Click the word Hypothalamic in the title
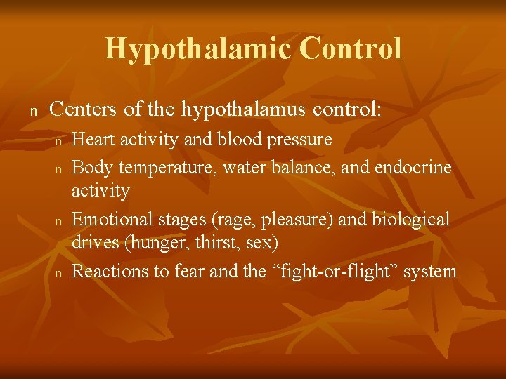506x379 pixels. tap(197, 48)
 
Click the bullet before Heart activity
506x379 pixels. tap(60, 141)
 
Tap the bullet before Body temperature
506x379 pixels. tap(60, 169)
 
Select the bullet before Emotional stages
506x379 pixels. tap(60, 221)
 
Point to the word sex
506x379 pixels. tap(264, 244)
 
